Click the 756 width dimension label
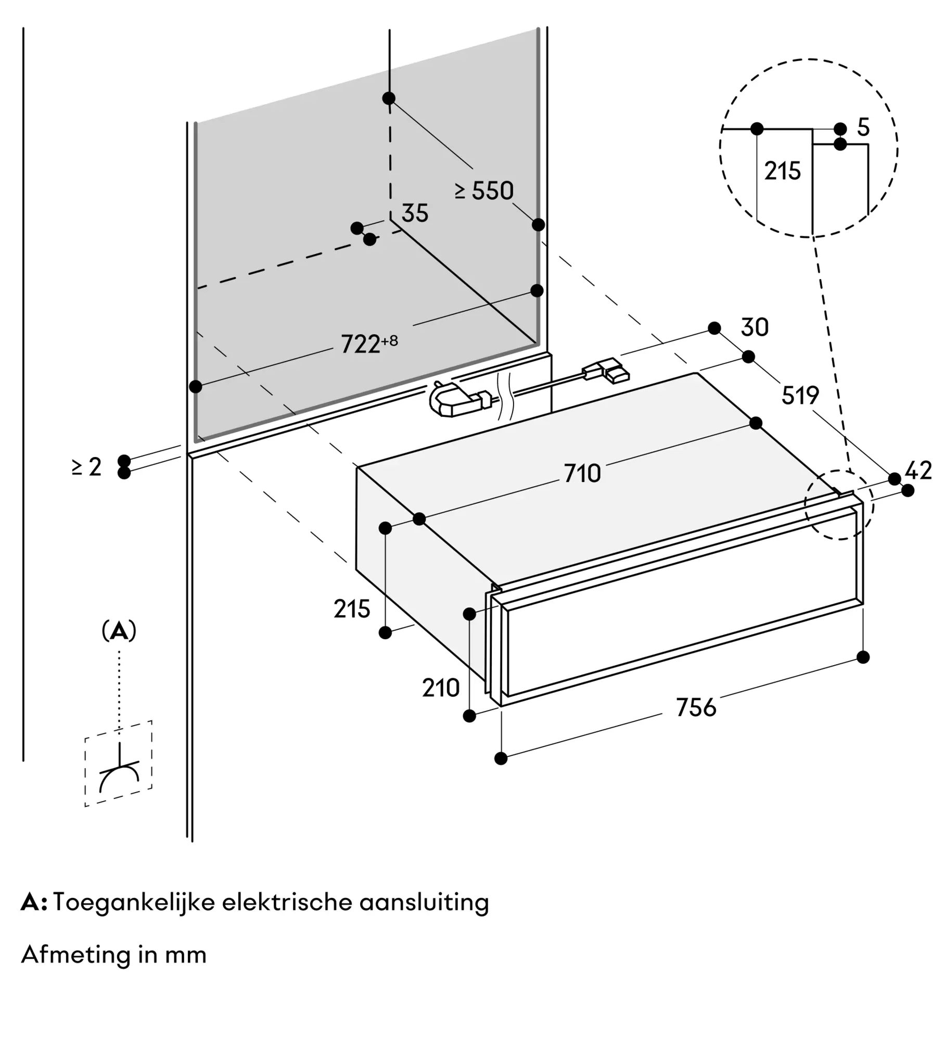point(696,707)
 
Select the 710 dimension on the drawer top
point(582,474)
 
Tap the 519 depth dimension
point(800,396)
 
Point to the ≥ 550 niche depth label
point(484,191)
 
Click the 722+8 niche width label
point(369,344)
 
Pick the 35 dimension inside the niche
point(415,213)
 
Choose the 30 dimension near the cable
point(754,327)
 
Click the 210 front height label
point(440,688)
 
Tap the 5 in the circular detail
point(863,128)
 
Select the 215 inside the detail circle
point(782,171)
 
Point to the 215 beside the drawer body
point(352,609)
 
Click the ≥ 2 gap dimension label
point(87,467)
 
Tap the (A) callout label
point(119,631)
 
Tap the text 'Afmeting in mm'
point(114,955)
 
